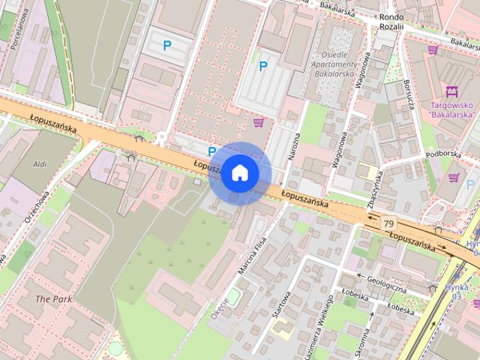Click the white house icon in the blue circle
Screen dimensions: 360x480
239,172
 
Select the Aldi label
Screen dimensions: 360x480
40,163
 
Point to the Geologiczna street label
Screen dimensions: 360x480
387,285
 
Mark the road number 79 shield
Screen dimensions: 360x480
388,223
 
